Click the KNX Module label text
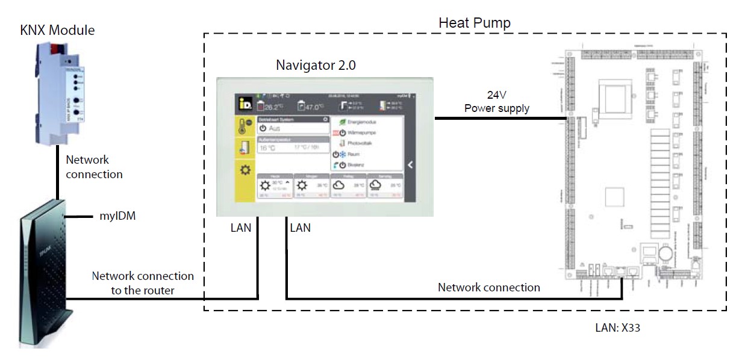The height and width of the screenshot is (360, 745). click(57, 30)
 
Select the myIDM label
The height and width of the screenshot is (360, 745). click(117, 216)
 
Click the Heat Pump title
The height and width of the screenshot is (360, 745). click(474, 23)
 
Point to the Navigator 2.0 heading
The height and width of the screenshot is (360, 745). click(316, 65)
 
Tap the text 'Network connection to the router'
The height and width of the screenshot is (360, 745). click(143, 282)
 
